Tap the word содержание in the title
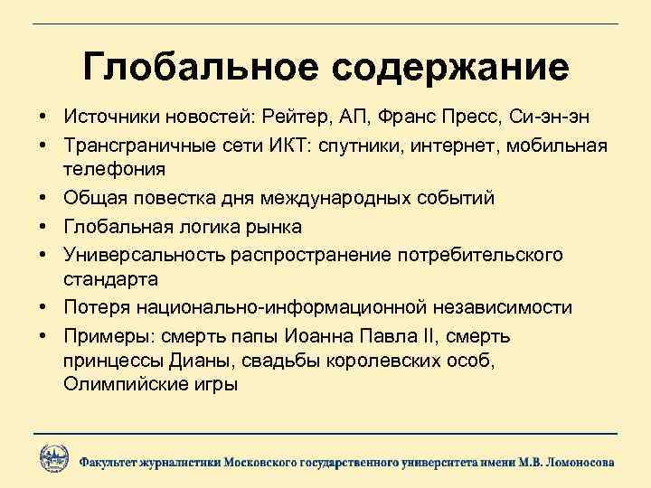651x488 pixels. [443, 69]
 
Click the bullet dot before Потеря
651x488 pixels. [43, 308]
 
